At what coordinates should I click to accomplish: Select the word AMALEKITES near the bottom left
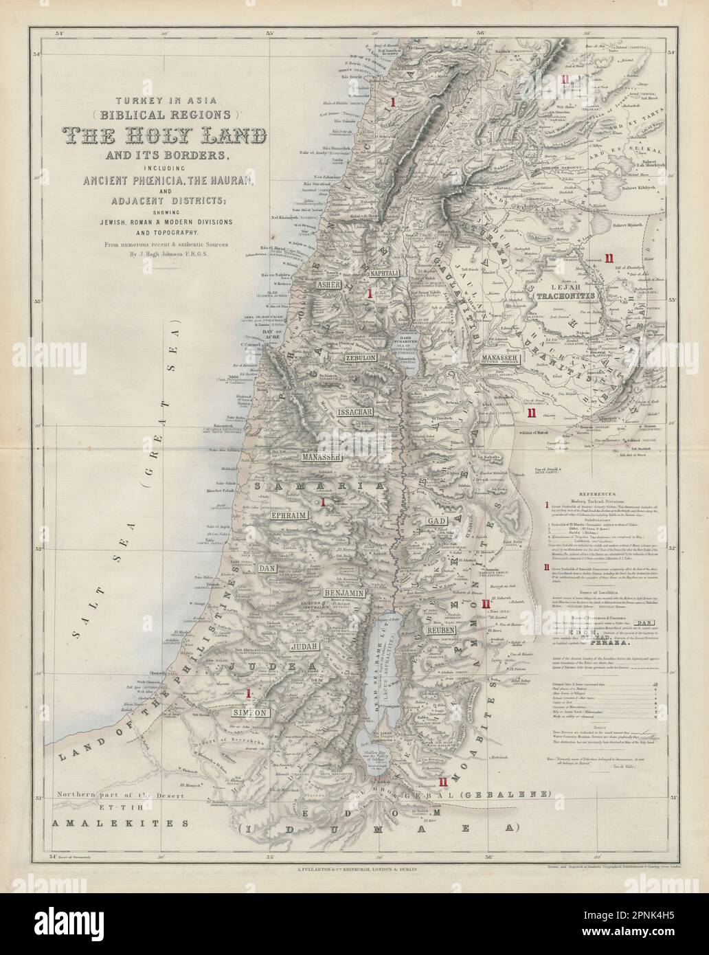pos(120,823)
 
